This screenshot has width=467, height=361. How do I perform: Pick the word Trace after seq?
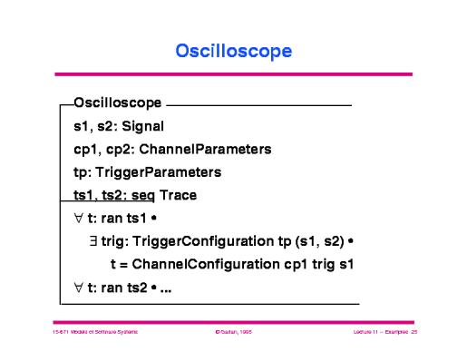point(179,195)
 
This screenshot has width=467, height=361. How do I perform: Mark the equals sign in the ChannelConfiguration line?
point(123,266)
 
